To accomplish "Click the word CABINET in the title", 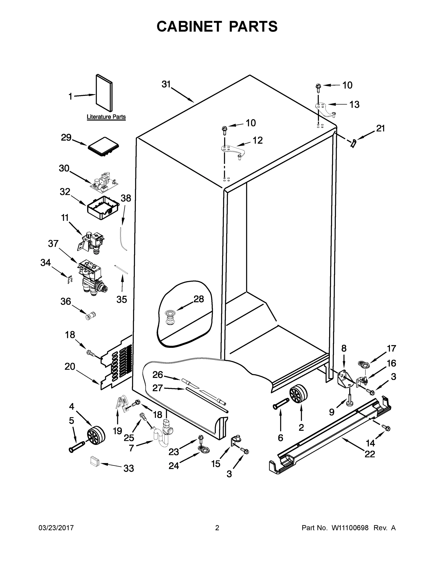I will [x=189, y=26].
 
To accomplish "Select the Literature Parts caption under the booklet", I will [x=106, y=117].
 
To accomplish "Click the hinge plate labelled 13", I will [x=325, y=109].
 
